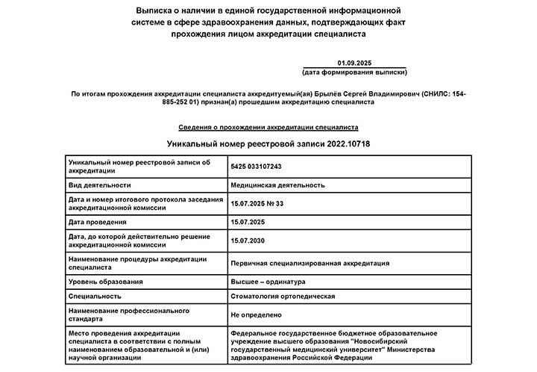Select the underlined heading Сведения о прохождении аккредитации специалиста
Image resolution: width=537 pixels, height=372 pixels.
(x=268, y=128)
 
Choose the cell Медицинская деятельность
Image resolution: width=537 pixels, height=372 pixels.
(x=277, y=185)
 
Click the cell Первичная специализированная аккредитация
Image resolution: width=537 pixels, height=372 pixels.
(x=310, y=263)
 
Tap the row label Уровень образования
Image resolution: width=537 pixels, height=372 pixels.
(x=105, y=282)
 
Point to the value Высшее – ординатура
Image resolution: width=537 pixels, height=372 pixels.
(x=268, y=282)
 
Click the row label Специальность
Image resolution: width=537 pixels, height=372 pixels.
(x=94, y=297)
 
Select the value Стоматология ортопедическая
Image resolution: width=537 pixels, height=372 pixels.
(x=283, y=297)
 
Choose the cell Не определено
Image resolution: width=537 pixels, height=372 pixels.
(x=256, y=315)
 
